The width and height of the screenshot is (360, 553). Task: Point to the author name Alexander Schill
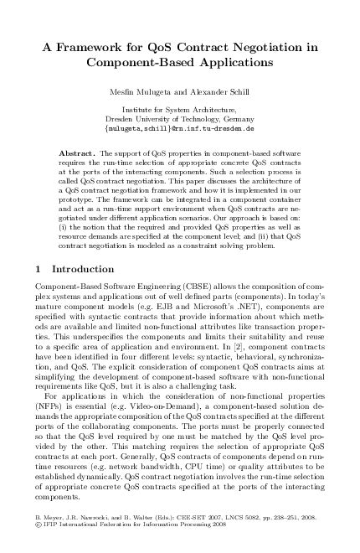pyautogui.click(x=218, y=90)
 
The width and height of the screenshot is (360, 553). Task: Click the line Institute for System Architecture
pyautogui.click(x=180, y=110)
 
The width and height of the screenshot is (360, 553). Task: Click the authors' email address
pyautogui.click(x=180, y=130)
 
